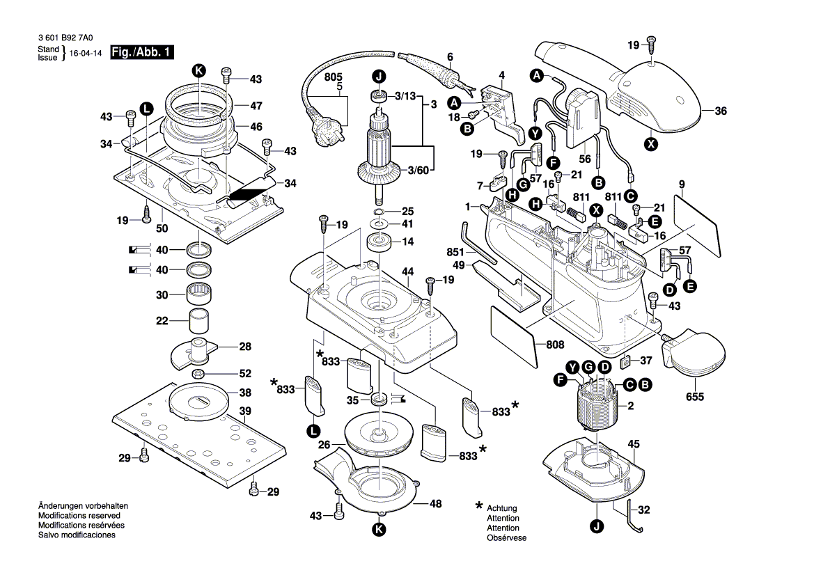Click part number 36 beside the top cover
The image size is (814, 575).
pyautogui.click(x=721, y=111)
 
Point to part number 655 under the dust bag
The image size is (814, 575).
pyautogui.click(x=695, y=397)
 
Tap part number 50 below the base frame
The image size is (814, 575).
pyautogui.click(x=162, y=228)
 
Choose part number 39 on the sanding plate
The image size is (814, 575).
pyautogui.click(x=245, y=411)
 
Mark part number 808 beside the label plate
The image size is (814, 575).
pyautogui.click(x=555, y=344)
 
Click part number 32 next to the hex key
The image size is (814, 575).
pyautogui.click(x=644, y=510)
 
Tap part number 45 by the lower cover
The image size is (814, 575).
pyautogui.click(x=633, y=443)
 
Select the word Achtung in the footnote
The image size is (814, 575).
pyautogui.click(x=502, y=508)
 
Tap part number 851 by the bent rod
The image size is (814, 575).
pyautogui.click(x=455, y=253)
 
